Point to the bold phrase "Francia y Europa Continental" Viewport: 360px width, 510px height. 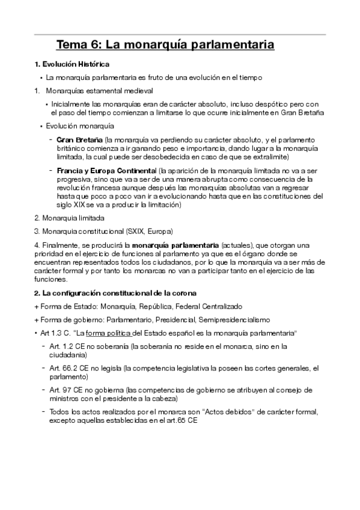click(x=106, y=171)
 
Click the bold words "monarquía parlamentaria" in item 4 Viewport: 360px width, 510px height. click(x=175, y=245)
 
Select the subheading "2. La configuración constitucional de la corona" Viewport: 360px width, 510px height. click(x=114, y=293)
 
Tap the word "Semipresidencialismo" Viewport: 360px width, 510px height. click(x=238, y=319)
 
